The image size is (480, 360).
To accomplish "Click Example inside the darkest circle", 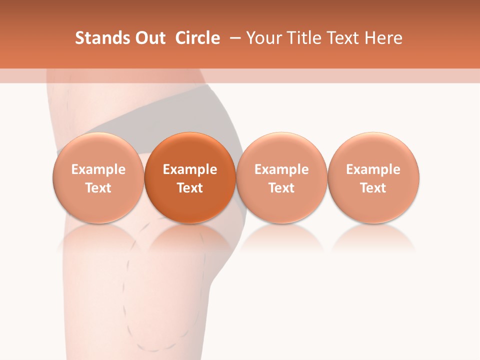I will click(190, 169).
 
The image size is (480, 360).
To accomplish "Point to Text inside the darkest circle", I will click(190, 188).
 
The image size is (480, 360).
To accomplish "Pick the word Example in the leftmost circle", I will click(98, 169).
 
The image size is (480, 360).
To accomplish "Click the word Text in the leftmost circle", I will click(98, 188).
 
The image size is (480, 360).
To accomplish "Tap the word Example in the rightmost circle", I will click(373, 169).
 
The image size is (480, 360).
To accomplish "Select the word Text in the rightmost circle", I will click(373, 188).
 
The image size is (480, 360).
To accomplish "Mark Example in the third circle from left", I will click(281, 169).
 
